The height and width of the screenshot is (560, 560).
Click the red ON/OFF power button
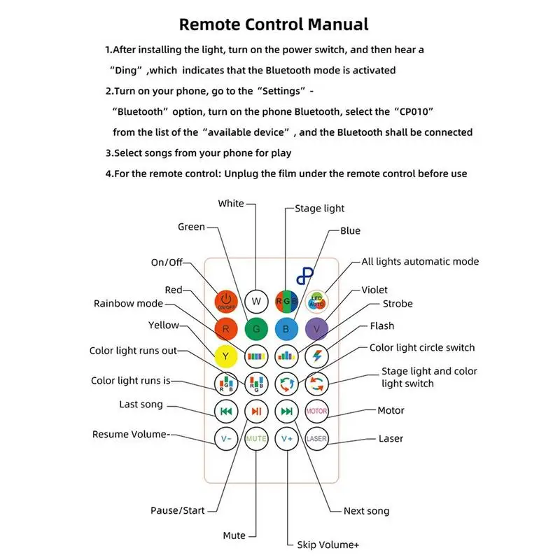226,300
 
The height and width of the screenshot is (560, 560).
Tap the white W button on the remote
256,301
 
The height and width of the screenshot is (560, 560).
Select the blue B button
286,328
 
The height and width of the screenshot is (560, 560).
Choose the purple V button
316,328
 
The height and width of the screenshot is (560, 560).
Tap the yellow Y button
226,356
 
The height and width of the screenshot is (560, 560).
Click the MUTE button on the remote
256,439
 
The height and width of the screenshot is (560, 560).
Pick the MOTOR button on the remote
316,411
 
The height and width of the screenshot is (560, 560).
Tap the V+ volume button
286,439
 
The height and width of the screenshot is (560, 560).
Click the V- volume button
226,439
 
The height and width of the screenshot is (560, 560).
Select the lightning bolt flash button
316,356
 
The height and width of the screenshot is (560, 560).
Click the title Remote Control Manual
274,24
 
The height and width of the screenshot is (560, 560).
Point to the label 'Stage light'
319,209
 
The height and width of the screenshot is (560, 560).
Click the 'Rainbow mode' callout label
128,304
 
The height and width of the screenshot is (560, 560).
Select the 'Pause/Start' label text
178,510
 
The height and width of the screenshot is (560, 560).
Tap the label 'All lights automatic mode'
420,262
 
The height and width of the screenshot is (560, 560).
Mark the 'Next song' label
366,511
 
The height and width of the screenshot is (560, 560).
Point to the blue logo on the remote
305,274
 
